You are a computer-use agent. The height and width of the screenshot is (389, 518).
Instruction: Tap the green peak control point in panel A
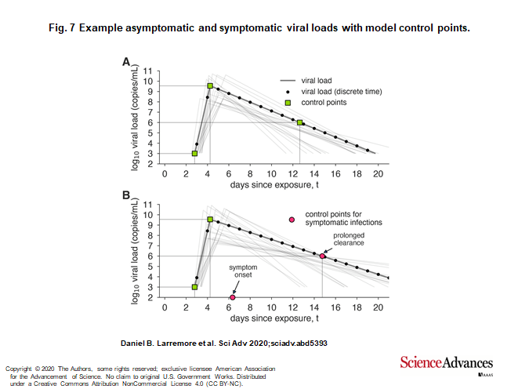click(x=210, y=86)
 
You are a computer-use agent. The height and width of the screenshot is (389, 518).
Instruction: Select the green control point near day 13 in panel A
click(x=300, y=122)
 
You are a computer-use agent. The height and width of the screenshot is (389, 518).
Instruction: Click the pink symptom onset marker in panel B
click(x=233, y=298)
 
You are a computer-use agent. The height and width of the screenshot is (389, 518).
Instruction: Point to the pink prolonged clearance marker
click(x=322, y=256)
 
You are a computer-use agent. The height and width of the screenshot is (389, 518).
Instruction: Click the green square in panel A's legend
click(x=288, y=103)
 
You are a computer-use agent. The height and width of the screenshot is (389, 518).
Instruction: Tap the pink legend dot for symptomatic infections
click(x=292, y=220)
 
